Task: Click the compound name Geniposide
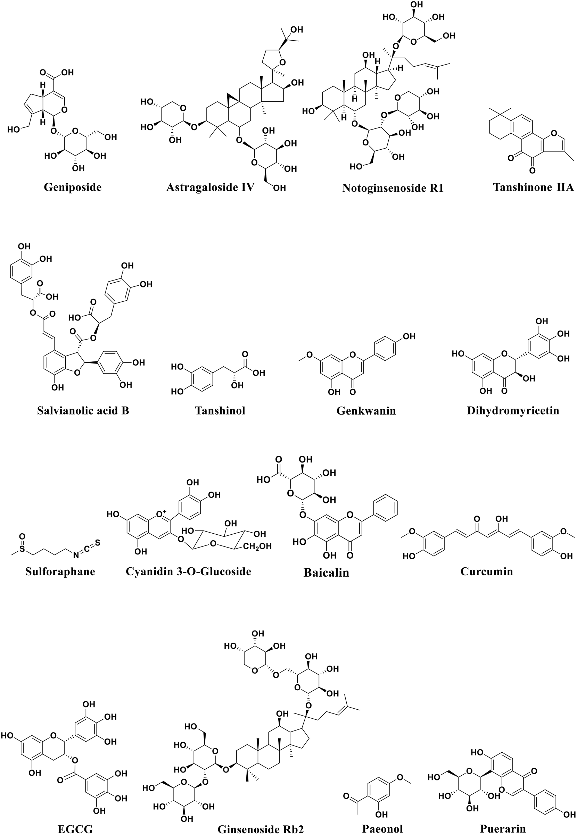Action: tap(73, 187)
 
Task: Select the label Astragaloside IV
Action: tap(211, 187)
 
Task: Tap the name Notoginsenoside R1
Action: tap(393, 188)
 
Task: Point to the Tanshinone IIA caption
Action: tap(533, 187)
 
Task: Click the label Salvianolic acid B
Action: tap(83, 411)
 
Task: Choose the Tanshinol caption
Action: tap(220, 411)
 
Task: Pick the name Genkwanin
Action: tap(366, 411)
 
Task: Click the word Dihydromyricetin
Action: tap(513, 411)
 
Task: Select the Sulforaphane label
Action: tap(60, 571)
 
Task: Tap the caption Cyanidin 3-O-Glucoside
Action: tap(188, 571)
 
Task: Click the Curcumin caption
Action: tap(487, 571)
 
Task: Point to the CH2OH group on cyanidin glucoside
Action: tap(257, 547)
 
